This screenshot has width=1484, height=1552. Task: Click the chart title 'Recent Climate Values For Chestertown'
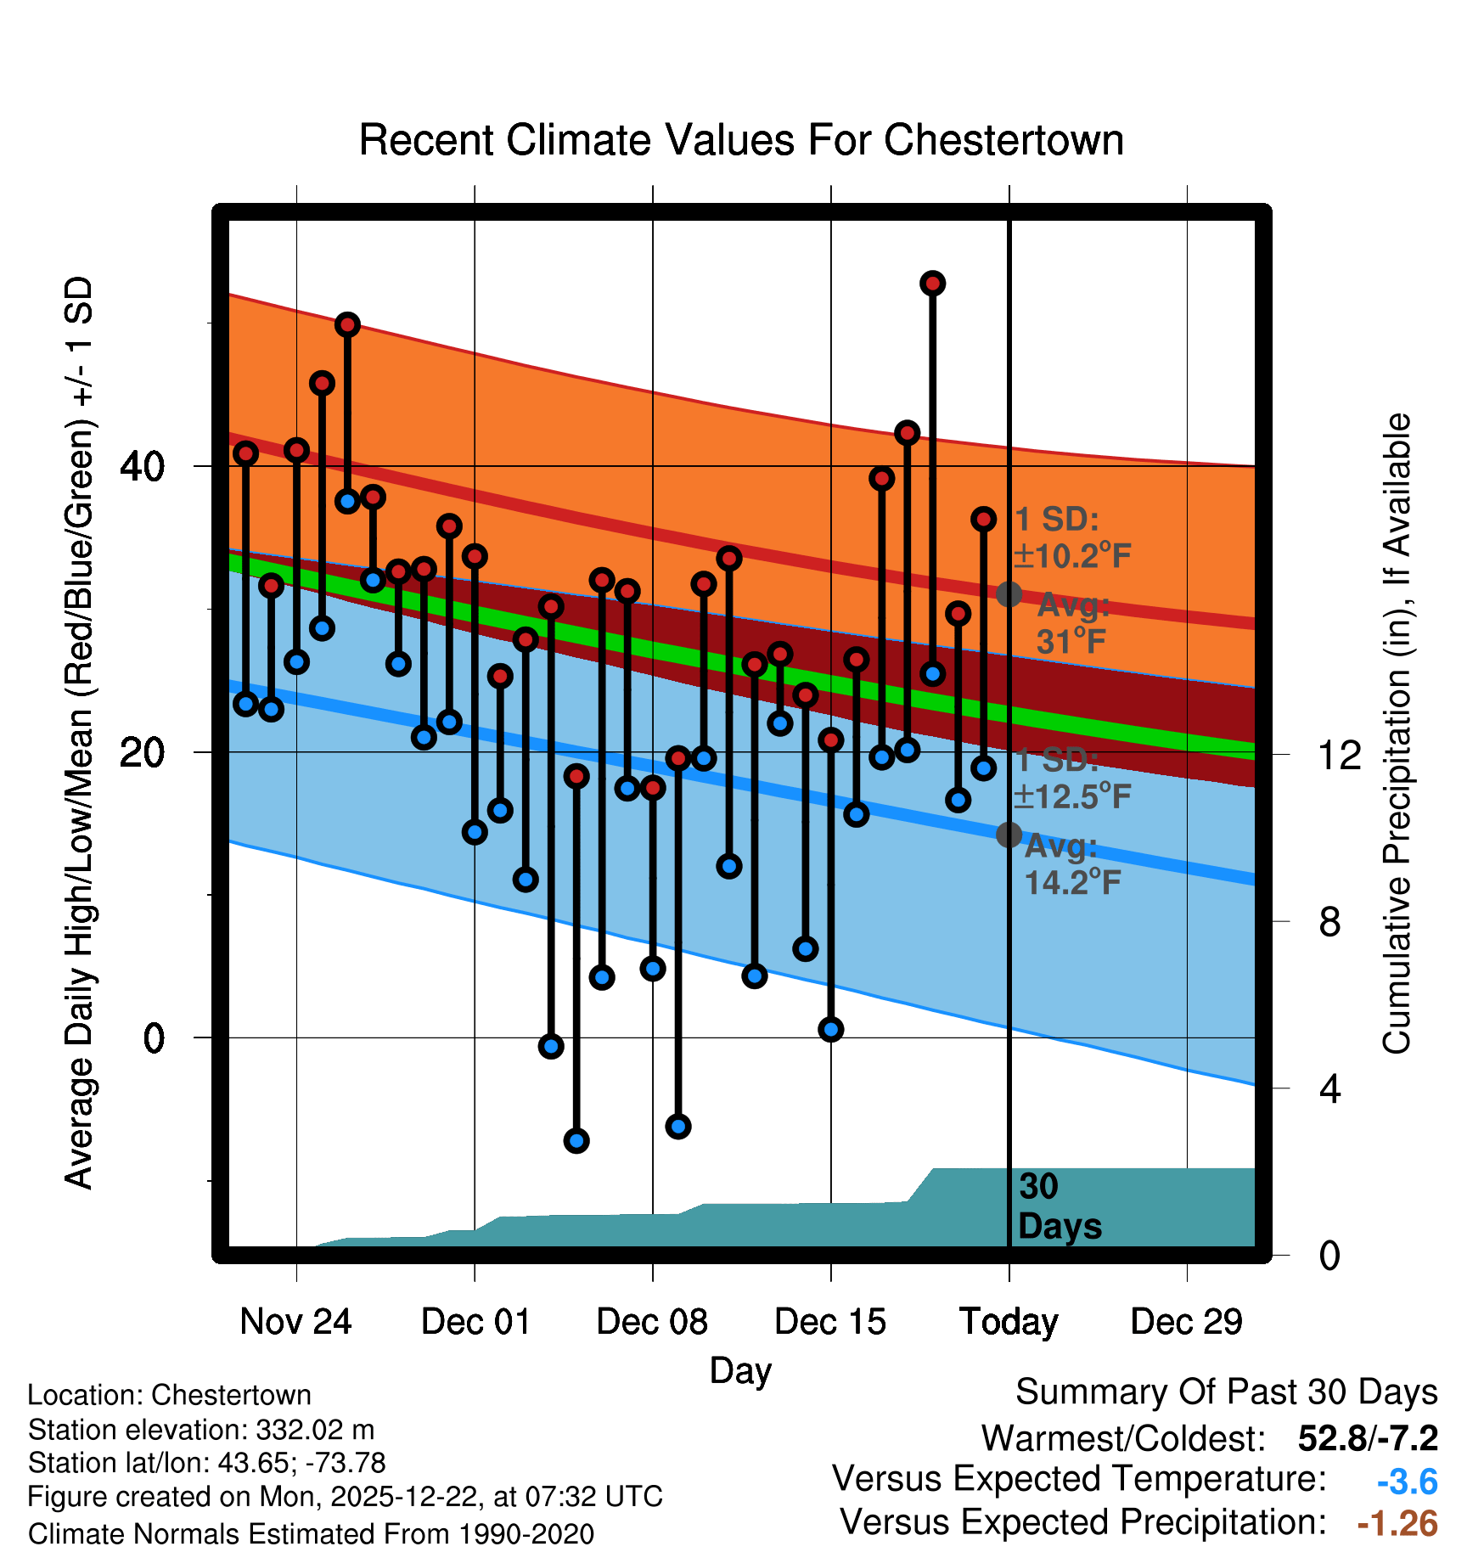pos(741,141)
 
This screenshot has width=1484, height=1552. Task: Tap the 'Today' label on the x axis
pos(1009,1321)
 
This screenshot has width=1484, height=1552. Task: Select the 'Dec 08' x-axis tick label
pos(652,1321)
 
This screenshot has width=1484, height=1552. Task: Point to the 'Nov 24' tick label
pos(295,1321)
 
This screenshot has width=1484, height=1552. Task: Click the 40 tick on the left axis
pos(142,466)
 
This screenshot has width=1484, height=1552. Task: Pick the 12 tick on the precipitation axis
pos(1339,755)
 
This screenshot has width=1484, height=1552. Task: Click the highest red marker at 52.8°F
pos(933,284)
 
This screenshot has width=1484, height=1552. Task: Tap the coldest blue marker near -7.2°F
pos(576,1140)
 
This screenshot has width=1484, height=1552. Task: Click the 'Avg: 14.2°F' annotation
pos(1071,864)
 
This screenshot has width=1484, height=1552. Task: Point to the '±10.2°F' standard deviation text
pos(1071,556)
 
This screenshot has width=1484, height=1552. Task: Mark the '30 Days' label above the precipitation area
pos(1059,1206)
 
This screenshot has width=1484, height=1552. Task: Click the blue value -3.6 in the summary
pos(1407,1482)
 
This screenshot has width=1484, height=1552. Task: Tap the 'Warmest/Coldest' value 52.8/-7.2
pos(1368,1438)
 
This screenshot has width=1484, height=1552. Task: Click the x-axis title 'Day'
pos(740,1370)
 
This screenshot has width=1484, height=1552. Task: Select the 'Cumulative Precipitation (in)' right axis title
pos(1397,734)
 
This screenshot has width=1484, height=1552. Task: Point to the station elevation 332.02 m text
pos(201,1430)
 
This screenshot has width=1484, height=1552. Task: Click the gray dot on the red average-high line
pos(1009,594)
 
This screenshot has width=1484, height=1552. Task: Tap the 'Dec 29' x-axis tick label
pos(1186,1321)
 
